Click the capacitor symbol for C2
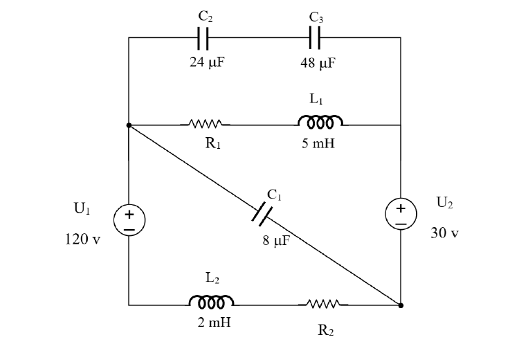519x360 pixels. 203,38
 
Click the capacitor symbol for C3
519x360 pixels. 315,37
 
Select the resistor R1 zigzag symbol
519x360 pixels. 206,124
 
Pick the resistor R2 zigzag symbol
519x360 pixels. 323,303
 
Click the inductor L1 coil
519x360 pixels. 320,121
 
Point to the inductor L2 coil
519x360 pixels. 212,300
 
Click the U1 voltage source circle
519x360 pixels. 129,220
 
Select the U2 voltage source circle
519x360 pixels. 401,214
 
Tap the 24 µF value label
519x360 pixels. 207,62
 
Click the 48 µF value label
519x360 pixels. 318,63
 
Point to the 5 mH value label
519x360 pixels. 318,143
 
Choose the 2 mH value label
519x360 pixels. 214,322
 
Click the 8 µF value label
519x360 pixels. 276,241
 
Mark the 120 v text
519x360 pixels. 82,239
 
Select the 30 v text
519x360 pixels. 444,233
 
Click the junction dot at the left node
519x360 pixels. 129,125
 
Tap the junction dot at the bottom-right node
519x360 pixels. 401,305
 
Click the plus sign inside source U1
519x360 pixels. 129,215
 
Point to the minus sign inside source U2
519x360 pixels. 401,224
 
